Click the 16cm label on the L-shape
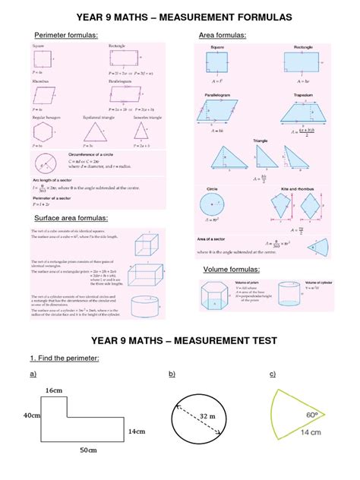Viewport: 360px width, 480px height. pos(52,390)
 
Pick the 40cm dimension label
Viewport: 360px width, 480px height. pos(31,415)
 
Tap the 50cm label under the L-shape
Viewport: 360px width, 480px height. pos(89,450)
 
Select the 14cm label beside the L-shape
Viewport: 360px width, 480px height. pos(137,431)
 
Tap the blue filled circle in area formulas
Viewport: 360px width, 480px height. pos(211,204)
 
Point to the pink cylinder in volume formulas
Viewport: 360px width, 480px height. pos(288,296)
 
